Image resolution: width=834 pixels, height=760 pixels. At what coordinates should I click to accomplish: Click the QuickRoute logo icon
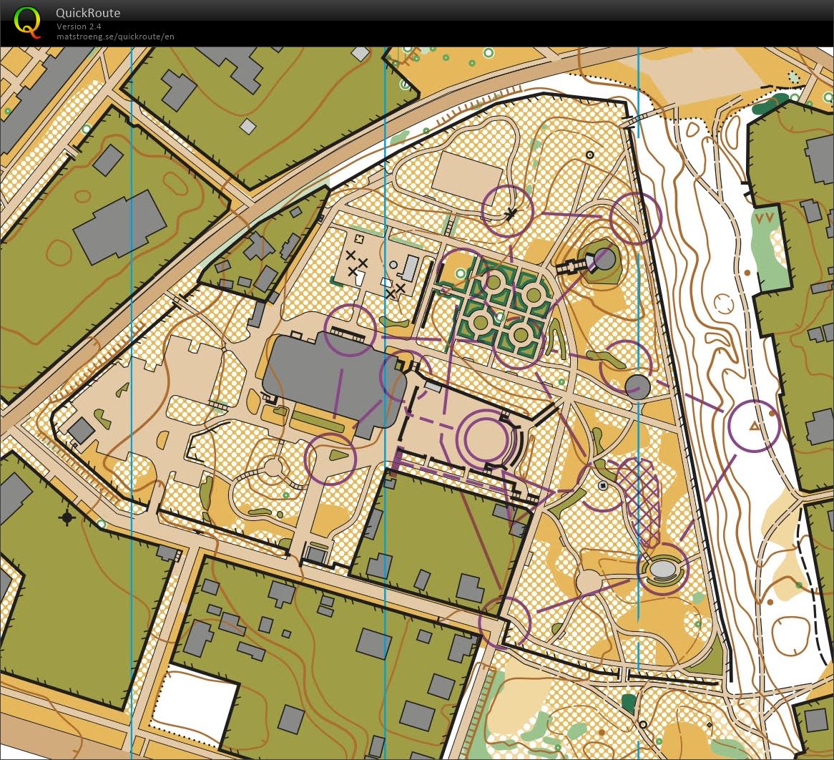point(27,21)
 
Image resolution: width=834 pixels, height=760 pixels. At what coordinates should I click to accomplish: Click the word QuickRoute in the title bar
point(88,13)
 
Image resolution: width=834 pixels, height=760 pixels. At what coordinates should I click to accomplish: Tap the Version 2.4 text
point(79,26)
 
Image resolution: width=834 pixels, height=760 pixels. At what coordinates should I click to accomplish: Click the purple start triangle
point(753,427)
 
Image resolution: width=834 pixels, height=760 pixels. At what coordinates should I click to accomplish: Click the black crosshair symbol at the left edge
point(67,517)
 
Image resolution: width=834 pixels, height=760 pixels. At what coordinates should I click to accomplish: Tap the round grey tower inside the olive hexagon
point(604,259)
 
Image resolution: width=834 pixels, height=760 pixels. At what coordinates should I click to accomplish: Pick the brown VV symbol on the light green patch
point(765,218)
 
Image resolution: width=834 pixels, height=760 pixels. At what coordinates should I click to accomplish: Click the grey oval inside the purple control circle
point(662,569)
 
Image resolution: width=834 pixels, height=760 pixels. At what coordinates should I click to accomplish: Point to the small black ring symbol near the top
point(590,155)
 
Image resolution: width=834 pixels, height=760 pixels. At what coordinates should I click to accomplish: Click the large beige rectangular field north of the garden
point(467,177)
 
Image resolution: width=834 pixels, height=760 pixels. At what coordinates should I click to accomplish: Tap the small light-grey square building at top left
point(247,127)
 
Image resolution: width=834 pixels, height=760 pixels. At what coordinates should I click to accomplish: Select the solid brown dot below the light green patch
point(747,272)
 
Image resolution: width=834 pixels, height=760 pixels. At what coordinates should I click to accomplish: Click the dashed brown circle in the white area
point(724,303)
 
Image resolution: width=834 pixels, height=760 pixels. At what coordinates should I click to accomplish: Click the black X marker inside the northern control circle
point(511,213)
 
